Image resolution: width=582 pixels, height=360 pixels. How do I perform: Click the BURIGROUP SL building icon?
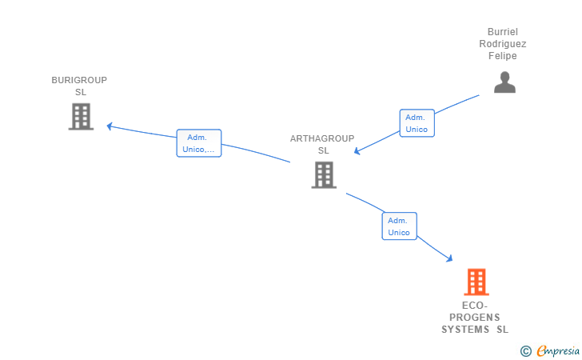click(x=81, y=117)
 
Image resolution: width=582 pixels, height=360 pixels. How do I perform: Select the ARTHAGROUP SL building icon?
click(x=323, y=174)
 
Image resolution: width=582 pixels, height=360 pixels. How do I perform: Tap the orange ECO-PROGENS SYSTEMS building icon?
click(x=476, y=282)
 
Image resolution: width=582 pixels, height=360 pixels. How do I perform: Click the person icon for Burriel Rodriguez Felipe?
click(x=504, y=82)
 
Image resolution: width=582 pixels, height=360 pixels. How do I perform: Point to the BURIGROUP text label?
click(x=79, y=80)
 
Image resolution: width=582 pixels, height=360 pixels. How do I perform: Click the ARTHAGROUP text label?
click(x=322, y=138)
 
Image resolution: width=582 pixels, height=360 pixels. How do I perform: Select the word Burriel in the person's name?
click(x=502, y=32)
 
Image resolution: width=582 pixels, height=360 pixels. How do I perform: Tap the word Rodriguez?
click(x=502, y=44)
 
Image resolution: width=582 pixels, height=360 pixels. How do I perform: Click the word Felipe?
click(x=502, y=56)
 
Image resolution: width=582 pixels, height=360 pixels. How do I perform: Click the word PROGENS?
click(x=475, y=318)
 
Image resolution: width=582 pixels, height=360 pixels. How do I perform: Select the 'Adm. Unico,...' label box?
click(x=198, y=143)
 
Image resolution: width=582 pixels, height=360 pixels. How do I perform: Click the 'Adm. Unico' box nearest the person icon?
click(x=417, y=123)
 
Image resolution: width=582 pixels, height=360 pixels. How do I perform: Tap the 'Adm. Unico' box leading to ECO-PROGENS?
click(x=399, y=226)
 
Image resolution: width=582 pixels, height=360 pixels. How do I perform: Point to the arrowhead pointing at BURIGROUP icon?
click(x=110, y=126)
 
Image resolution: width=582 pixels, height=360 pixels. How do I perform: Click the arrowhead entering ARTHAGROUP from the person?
click(x=358, y=151)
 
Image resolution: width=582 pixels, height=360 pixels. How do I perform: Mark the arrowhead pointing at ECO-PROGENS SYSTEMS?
click(x=449, y=258)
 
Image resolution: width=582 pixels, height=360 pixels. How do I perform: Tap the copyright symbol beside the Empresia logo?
click(x=525, y=350)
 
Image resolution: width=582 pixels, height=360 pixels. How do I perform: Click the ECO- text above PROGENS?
click(x=475, y=306)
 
